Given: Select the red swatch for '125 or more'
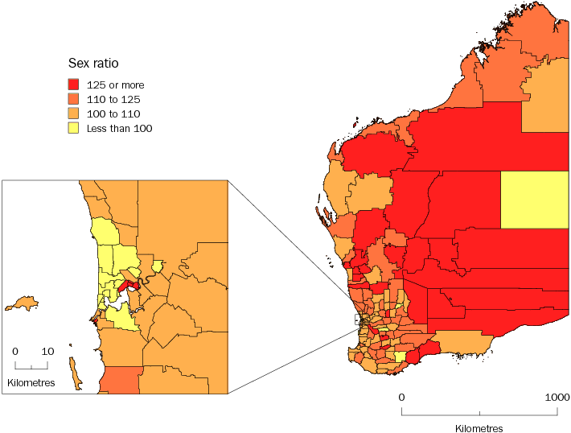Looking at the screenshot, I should point(73,85).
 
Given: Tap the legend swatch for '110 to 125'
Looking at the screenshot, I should point(73,99).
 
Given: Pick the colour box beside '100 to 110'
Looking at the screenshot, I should point(73,113).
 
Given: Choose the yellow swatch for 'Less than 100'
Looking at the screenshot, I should point(73,128).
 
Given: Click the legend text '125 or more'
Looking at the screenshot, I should point(115,85).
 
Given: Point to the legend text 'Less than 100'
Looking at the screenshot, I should point(119,128).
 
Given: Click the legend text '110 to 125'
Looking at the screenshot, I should point(113,99).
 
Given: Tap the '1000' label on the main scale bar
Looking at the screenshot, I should point(557,398).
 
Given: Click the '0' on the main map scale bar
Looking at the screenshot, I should point(402,398).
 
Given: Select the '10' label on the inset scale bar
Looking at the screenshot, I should point(47,352).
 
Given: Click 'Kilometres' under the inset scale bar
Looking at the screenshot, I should point(31,382).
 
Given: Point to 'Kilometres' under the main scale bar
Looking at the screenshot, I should point(479,428).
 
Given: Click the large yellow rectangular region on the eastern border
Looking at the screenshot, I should point(535,200).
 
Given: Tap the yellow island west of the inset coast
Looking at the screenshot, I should point(22,303).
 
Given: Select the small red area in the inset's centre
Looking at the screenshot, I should point(128,286).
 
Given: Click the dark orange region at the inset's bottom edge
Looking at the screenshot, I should point(121,380).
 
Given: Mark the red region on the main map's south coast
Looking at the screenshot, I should point(422,355).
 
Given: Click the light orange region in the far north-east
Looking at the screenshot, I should point(546,93).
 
